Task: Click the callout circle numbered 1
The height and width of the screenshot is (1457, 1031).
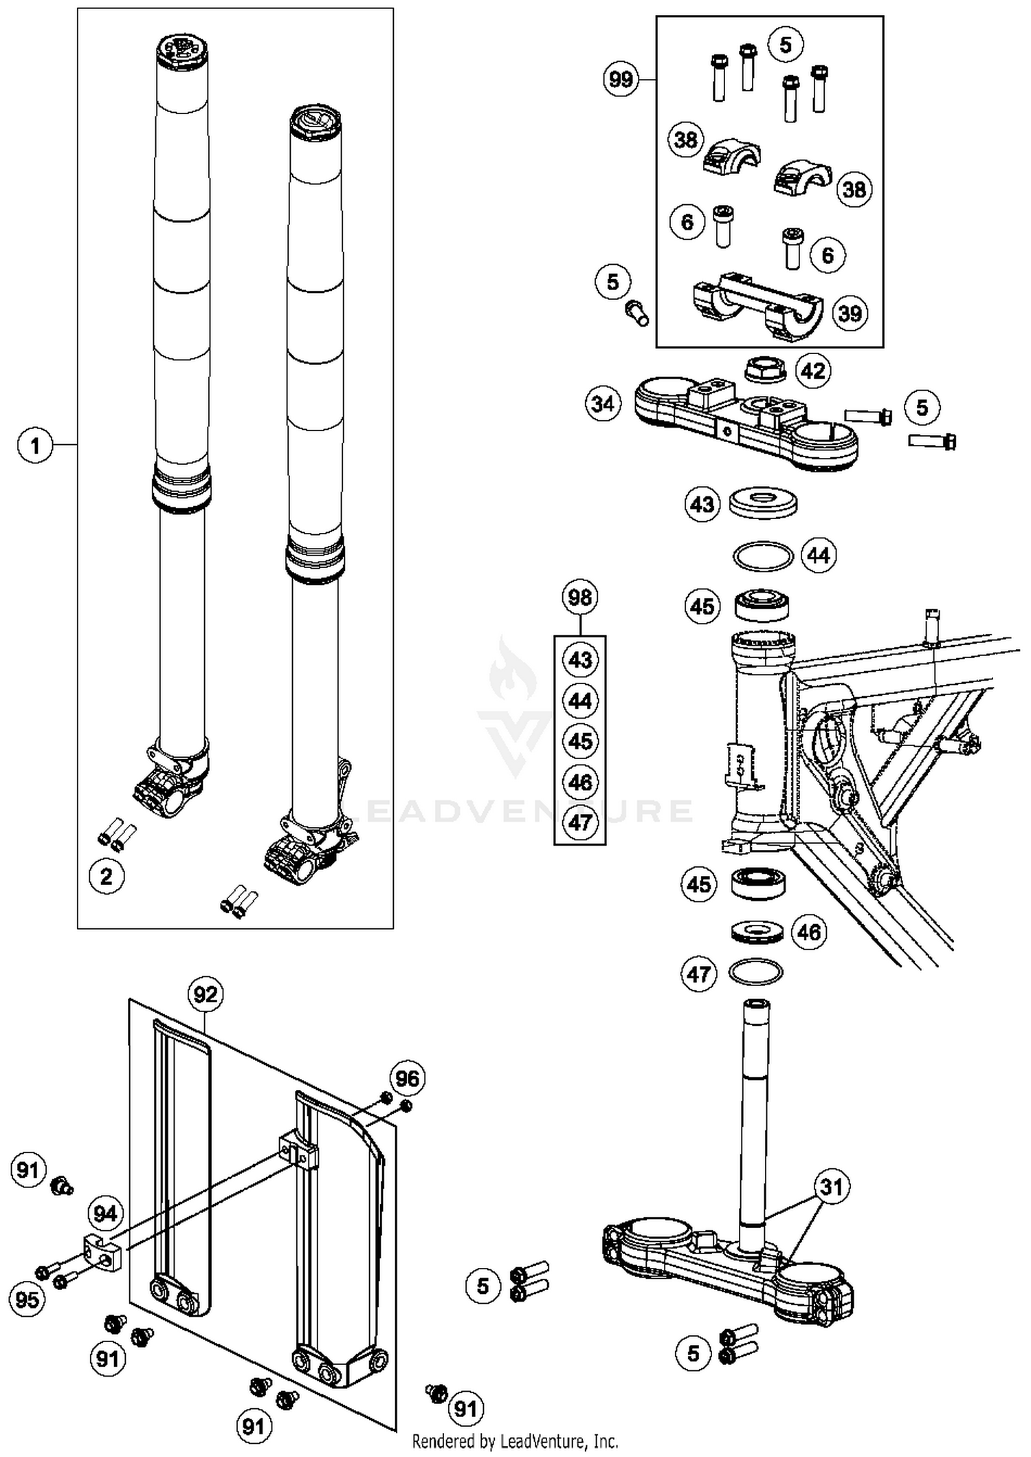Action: tap(35, 446)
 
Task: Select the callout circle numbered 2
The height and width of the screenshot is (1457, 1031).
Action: tap(107, 877)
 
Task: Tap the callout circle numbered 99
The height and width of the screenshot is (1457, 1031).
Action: tap(621, 79)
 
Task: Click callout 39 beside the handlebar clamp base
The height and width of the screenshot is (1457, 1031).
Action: tap(850, 314)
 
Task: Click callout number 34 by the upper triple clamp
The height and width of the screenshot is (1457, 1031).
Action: tap(603, 403)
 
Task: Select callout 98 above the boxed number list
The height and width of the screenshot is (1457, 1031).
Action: tap(580, 598)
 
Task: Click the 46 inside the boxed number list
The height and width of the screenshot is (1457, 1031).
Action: tap(580, 782)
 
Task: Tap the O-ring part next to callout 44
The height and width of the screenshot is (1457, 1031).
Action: tap(763, 556)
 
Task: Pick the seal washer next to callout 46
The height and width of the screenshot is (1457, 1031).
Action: tap(755, 932)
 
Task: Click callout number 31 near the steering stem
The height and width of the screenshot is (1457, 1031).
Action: tap(832, 1187)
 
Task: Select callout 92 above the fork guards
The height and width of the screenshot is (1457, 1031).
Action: tap(206, 994)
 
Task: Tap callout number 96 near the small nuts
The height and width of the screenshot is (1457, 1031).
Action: tap(407, 1078)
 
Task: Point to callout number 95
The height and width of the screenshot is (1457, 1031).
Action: tap(27, 1300)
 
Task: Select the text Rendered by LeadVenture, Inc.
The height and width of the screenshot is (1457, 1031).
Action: tap(515, 1440)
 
